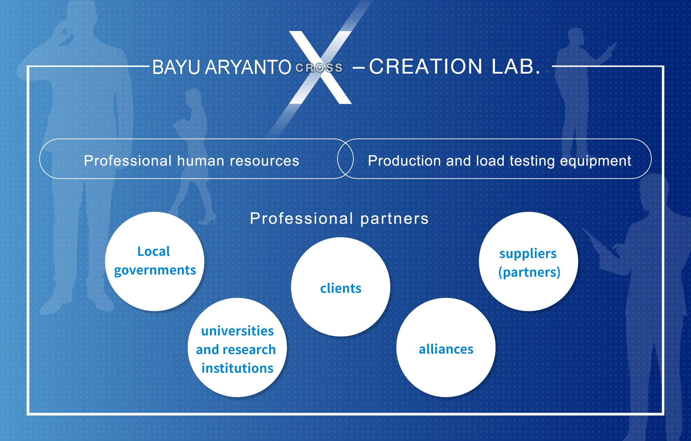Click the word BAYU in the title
(176, 67)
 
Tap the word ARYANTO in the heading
(248, 67)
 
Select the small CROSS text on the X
(319, 68)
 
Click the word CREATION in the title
(426, 66)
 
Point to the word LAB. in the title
(515, 66)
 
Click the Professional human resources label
(191, 161)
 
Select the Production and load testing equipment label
(499, 161)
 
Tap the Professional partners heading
(339, 218)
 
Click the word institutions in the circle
(237, 368)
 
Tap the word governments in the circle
(155, 270)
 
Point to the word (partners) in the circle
(529, 272)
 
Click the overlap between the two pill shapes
(345, 159)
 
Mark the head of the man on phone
(81, 17)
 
